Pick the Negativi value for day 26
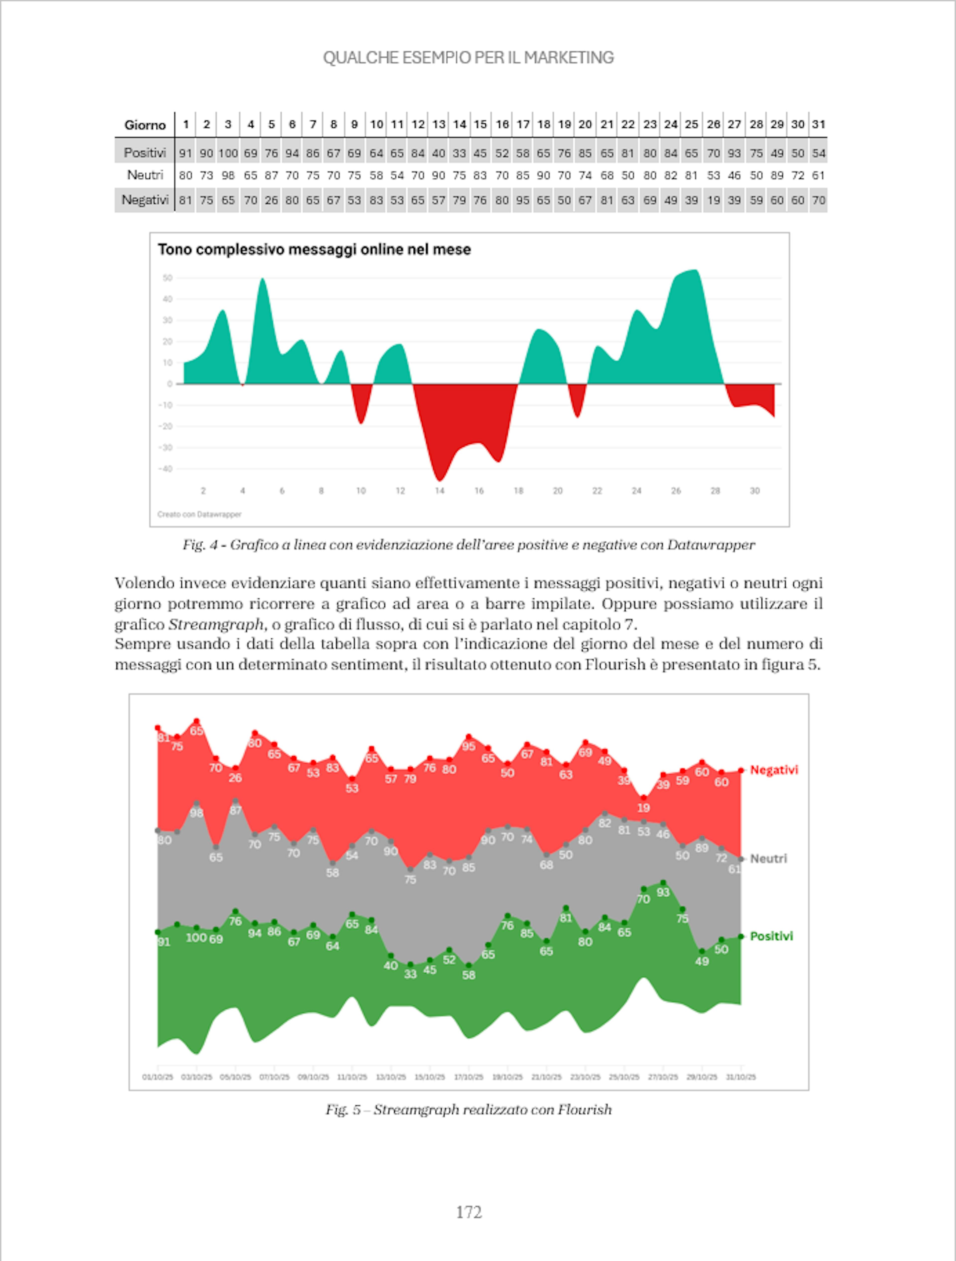[713, 200]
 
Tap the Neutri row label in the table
[145, 175]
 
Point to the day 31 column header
[819, 124]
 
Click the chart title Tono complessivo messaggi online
[314, 250]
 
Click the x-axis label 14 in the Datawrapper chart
[439, 491]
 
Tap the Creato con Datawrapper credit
[199, 514]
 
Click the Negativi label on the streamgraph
[774, 770]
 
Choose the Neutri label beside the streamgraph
[768, 859]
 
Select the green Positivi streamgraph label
[771, 936]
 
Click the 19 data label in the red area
[644, 808]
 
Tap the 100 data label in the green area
[196, 937]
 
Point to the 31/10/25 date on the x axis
[740, 1077]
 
